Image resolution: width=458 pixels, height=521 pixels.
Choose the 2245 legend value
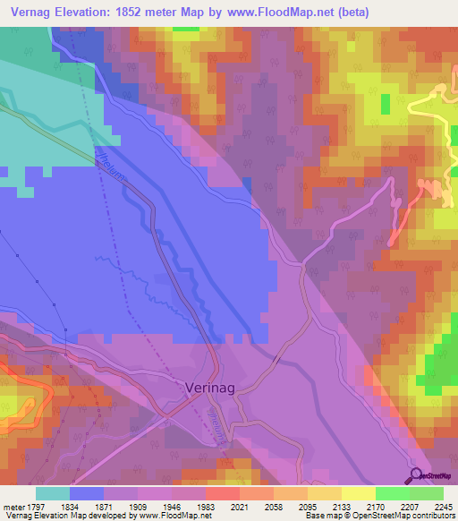(x=432, y=505)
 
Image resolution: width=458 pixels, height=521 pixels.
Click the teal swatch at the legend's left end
(x=53, y=493)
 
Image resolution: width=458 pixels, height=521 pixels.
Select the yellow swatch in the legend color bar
(x=358, y=493)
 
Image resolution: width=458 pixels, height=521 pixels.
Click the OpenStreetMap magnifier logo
(x=416, y=474)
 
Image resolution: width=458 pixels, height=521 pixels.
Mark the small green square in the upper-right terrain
(x=386, y=104)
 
